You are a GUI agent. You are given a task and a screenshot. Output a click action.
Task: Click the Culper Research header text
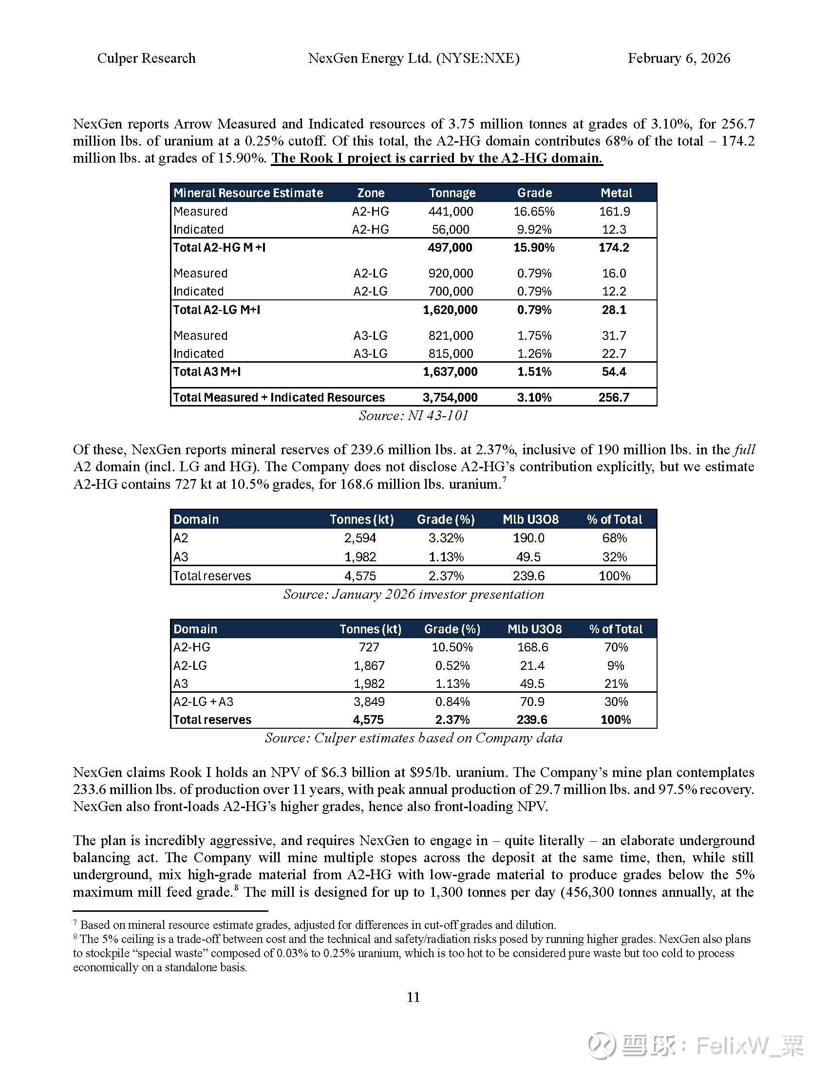[146, 58]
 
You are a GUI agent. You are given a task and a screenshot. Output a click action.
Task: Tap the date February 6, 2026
[679, 58]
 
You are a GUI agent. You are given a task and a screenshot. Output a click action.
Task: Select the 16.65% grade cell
[534, 211]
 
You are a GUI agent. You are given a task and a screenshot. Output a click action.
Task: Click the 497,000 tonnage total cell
[450, 247]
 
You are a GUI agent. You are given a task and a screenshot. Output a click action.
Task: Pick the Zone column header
[370, 193]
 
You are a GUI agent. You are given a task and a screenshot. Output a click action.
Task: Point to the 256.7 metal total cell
[614, 397]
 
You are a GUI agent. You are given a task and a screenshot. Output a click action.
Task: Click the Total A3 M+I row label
[207, 372]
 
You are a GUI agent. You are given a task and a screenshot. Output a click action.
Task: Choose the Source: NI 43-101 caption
[414, 416]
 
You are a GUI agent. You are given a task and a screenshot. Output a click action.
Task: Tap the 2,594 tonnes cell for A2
[360, 538]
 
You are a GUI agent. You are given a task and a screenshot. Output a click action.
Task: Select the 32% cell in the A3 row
[614, 557]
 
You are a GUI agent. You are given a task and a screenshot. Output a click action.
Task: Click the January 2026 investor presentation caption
[414, 594]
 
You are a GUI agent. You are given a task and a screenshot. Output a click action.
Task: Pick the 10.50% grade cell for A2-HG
[452, 647]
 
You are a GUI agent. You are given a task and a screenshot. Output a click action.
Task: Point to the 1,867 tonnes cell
[369, 665]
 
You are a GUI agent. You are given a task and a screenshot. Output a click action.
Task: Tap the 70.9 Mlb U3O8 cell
[532, 702]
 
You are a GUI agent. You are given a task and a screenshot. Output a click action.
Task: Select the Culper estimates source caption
[414, 738]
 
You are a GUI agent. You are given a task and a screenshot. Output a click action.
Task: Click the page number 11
[414, 997]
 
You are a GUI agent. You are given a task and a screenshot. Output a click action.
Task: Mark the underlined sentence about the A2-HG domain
[436, 158]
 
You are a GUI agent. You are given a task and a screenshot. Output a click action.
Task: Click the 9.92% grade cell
[534, 229]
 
